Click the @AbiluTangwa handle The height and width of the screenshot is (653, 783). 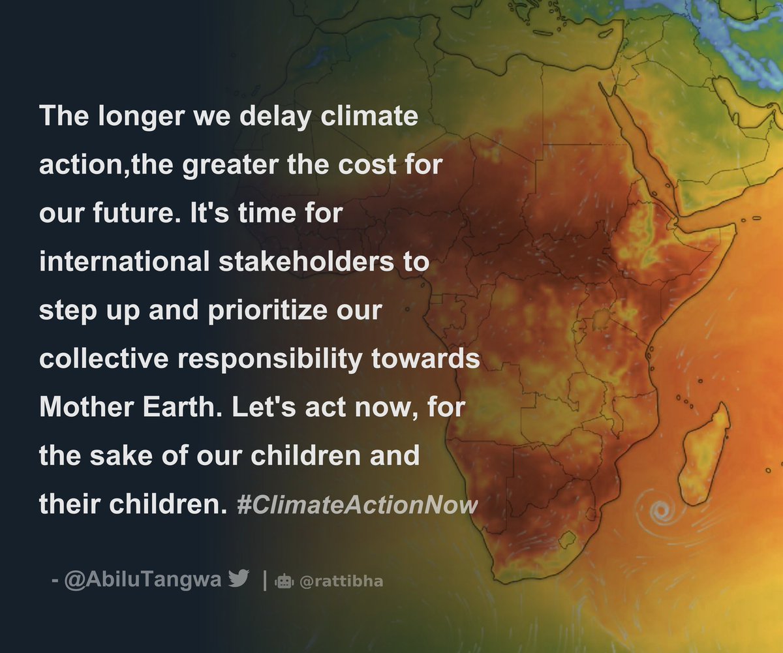tap(144, 579)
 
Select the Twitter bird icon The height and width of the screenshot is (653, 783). tap(239, 579)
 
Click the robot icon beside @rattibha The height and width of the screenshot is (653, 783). tap(284, 581)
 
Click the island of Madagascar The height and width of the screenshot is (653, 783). tap(704, 450)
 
